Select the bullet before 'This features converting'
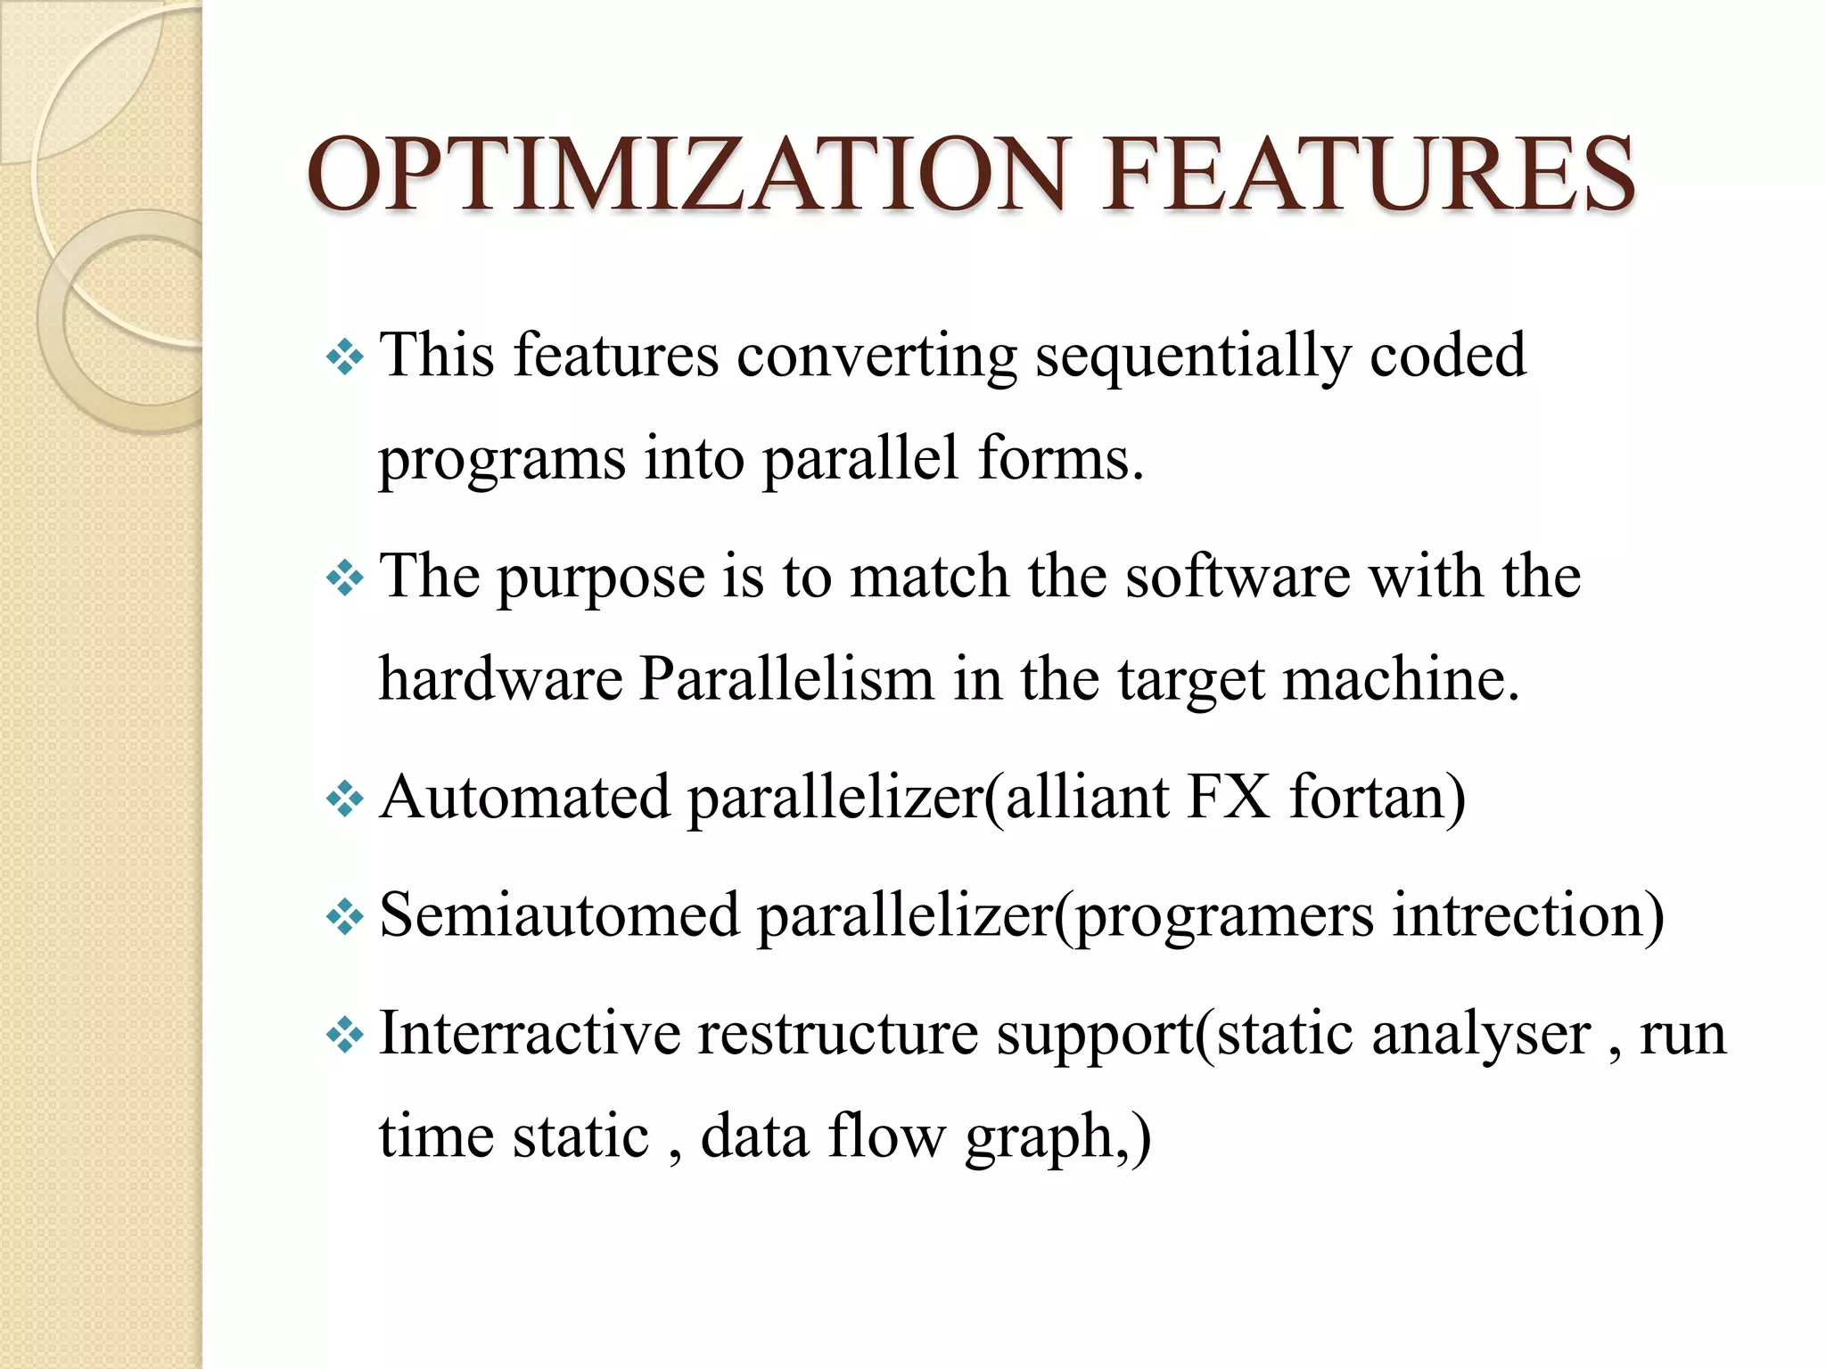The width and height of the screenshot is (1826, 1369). tap(345, 358)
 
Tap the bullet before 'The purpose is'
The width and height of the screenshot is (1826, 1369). tap(345, 579)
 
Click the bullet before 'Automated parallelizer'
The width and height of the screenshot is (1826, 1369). tap(345, 799)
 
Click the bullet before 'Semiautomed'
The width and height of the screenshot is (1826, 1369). tap(345, 917)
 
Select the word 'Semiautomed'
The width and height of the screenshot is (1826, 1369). tap(560, 915)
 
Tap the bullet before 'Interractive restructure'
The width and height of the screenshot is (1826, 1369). tap(345, 1036)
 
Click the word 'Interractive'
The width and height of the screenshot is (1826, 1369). tap(530, 1034)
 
